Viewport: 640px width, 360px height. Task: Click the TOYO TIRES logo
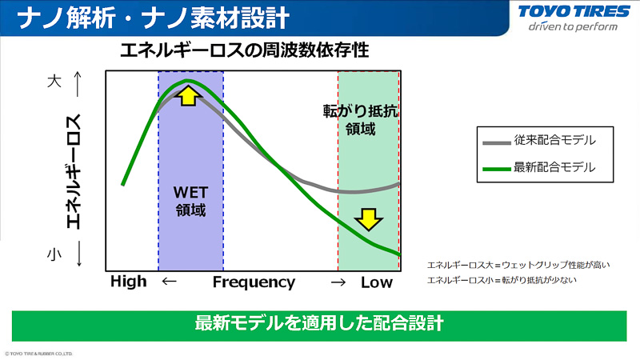(x=568, y=12)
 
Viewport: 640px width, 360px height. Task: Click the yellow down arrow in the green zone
(x=368, y=218)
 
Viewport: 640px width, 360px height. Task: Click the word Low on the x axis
(x=377, y=282)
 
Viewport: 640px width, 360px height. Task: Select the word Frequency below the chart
(x=254, y=282)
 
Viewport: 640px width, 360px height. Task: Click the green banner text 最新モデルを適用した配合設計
(x=319, y=324)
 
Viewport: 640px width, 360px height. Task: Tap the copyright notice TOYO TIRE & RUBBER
(x=39, y=352)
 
